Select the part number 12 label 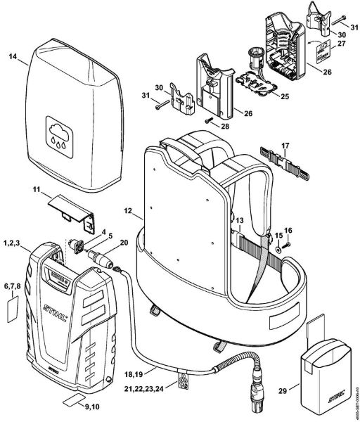[x=127, y=209]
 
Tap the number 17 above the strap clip [x=285, y=146]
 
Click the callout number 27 [x=342, y=43]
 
